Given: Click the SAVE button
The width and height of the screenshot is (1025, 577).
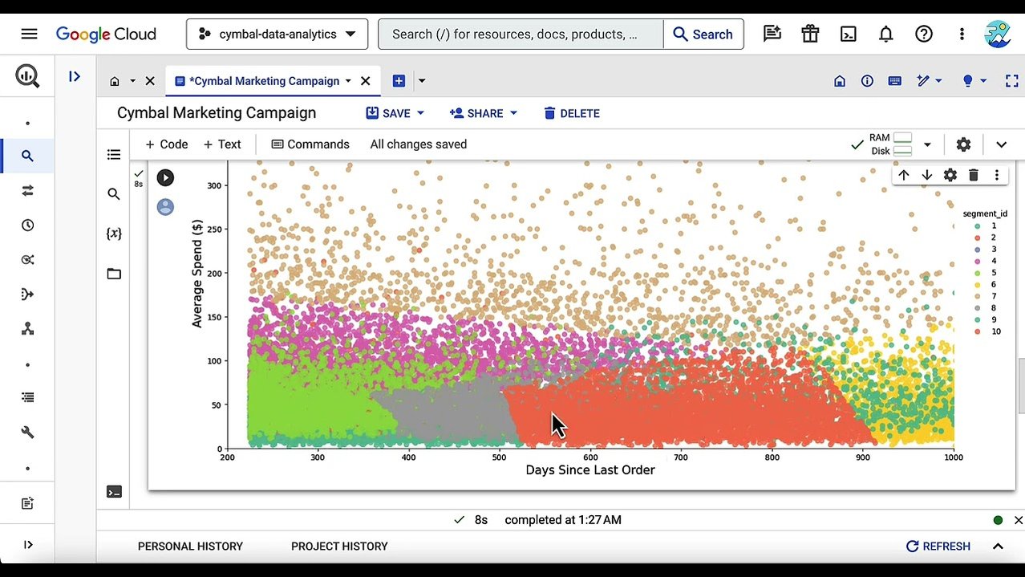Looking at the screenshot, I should coord(395,113).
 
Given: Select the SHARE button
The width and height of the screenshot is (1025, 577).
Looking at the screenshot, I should coord(484,113).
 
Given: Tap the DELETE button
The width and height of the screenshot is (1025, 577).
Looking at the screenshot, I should coord(571,113).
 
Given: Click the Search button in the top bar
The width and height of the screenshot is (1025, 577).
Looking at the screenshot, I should coord(703,35).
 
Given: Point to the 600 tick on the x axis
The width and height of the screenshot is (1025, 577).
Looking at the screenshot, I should coord(590,457).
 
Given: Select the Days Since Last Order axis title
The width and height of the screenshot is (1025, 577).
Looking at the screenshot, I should coord(589,470).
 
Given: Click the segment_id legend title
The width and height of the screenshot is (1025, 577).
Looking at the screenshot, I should coord(985,214).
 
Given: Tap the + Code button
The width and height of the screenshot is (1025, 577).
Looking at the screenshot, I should coord(166,144).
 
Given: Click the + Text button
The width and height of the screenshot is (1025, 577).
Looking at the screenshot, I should coord(222,144).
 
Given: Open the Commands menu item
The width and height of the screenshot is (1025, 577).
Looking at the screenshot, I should coord(310,144).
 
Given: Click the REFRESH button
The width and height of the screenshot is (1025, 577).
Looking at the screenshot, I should coord(938,547).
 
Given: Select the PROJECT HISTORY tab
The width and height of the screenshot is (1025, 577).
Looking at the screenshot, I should coord(339,547).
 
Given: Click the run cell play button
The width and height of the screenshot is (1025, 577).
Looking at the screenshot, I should coord(165,177).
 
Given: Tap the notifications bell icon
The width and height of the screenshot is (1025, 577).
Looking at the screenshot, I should coord(885,34).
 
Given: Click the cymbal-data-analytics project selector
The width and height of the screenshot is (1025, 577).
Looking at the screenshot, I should coord(277,35).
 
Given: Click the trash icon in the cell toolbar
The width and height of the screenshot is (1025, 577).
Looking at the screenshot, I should coord(973,175).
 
